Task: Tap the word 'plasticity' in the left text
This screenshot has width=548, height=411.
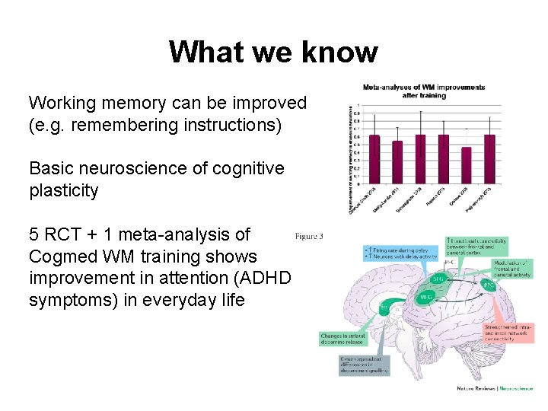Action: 63,190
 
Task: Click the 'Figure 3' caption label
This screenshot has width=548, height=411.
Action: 308,236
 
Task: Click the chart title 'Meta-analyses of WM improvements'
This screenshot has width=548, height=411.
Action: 424,87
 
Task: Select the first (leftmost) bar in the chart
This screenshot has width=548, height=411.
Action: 374,159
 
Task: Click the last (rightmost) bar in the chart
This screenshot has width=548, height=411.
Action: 489,159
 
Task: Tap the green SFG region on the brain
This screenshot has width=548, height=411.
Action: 438,279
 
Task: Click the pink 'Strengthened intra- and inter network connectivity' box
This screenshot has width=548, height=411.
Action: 508,333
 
